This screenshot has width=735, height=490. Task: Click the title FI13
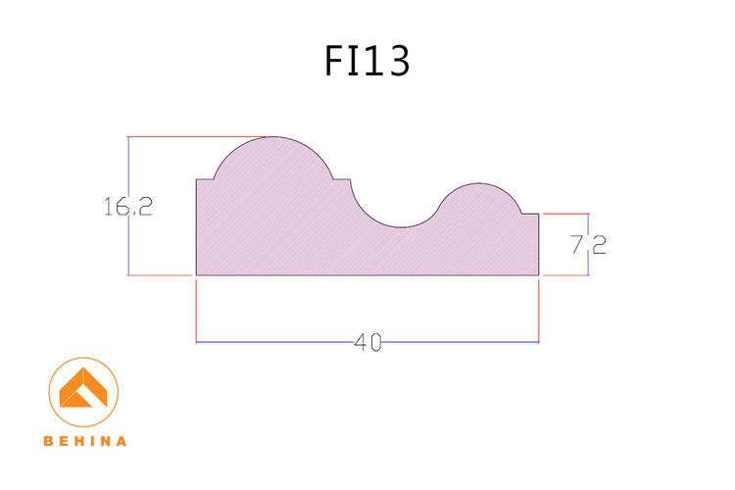(x=367, y=61)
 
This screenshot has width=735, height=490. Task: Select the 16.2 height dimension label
(x=127, y=207)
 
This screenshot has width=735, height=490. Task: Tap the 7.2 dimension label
(x=588, y=244)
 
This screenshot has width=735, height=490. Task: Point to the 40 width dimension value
(x=367, y=342)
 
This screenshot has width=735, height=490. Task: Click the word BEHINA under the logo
(x=85, y=441)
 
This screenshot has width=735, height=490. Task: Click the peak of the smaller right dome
(x=479, y=183)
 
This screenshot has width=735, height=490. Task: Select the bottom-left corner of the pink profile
(x=197, y=275)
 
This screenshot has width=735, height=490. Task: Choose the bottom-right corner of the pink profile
(x=539, y=275)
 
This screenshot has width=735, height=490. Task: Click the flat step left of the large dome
(x=205, y=179)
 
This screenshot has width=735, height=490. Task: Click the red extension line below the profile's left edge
(x=197, y=309)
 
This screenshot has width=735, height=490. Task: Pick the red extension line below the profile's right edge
(x=539, y=309)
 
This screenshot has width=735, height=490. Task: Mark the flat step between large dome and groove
(x=341, y=179)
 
